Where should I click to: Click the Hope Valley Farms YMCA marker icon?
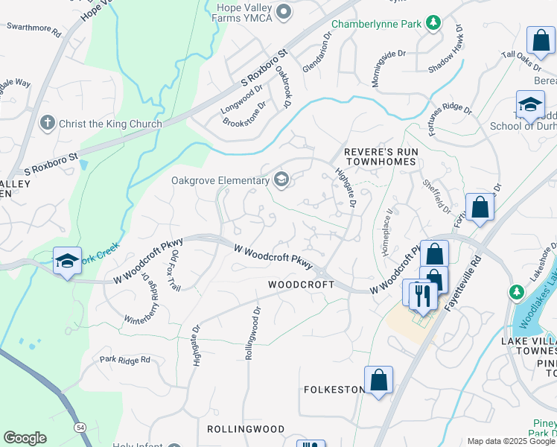(283, 11)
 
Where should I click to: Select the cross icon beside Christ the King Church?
(47, 123)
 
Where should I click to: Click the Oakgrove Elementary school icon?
(281, 179)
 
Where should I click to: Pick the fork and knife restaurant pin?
(422, 295)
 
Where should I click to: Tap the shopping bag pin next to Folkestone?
(378, 380)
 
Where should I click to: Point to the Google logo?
(25, 438)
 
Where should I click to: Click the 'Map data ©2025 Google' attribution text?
(511, 441)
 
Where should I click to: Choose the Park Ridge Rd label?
(125, 359)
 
